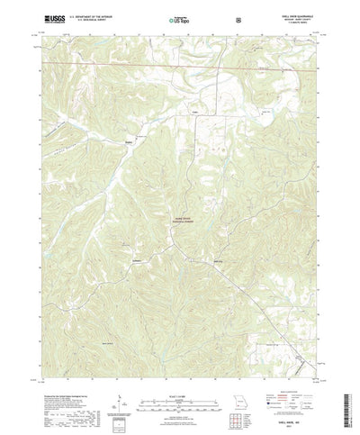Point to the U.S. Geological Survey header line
(90, 18)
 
